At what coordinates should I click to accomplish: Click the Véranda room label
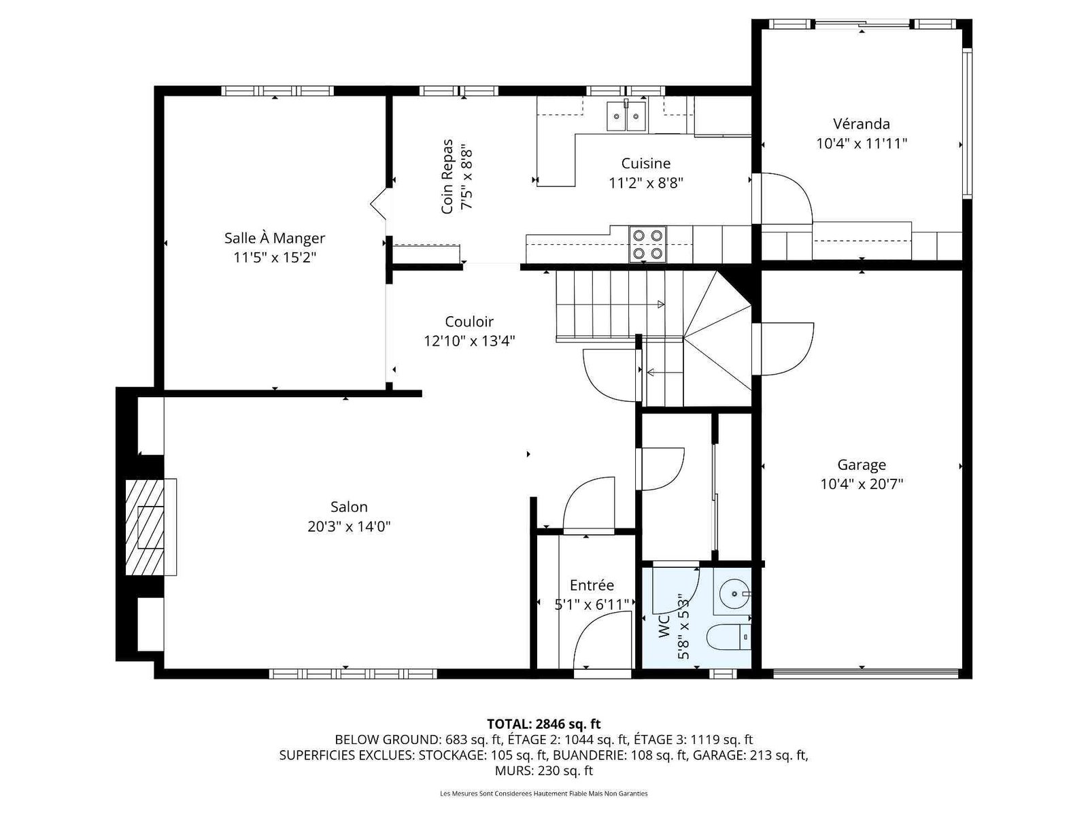pos(861,123)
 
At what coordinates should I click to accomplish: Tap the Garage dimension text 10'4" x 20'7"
pos(862,484)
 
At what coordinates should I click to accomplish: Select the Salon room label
pos(349,507)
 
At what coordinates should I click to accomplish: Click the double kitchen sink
pos(626,116)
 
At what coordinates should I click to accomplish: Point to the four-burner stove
pos(647,243)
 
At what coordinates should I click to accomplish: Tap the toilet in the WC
pos(728,638)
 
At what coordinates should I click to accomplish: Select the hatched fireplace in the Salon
pos(144,526)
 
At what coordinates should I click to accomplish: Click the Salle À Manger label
pos(275,238)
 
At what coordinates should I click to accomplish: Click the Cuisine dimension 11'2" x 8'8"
pos(646,184)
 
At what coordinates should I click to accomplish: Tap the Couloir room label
pos(469,322)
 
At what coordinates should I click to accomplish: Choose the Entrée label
pos(592,585)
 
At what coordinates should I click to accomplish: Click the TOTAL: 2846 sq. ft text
pos(544,724)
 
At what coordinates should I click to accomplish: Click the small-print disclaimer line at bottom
pos(544,793)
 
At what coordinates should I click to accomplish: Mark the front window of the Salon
pos(353,674)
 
